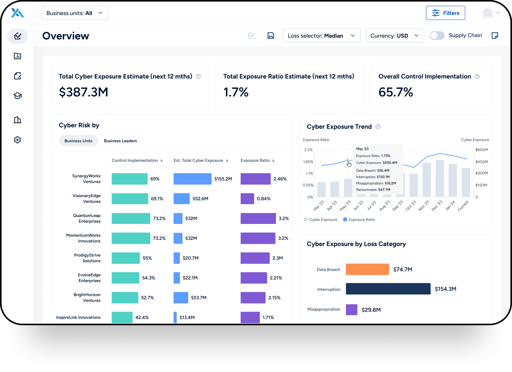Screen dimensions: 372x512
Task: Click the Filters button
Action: click(445, 13)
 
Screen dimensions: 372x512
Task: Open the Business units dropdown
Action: click(75, 13)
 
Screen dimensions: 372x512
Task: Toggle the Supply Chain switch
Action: click(437, 36)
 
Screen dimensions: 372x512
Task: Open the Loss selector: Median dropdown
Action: click(322, 36)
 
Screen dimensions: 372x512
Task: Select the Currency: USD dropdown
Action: click(395, 36)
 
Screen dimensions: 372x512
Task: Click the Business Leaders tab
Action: click(120, 141)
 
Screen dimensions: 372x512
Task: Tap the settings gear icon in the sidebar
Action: click(17, 140)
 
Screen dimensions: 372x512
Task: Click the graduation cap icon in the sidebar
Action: click(17, 96)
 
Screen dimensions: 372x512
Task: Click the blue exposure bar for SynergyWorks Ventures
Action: click(192, 179)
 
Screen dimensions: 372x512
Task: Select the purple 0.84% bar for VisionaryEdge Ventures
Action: click(247, 199)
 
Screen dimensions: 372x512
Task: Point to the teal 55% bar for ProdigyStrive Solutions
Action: click(126, 258)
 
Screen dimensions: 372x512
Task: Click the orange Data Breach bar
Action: click(367, 269)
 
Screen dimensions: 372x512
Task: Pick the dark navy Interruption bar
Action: click(388, 289)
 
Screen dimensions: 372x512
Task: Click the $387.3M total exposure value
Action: click(83, 92)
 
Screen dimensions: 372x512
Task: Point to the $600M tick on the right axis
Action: click(481, 150)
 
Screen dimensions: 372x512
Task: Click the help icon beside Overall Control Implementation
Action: click(477, 76)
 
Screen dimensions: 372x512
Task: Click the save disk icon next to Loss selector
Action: click(271, 36)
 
